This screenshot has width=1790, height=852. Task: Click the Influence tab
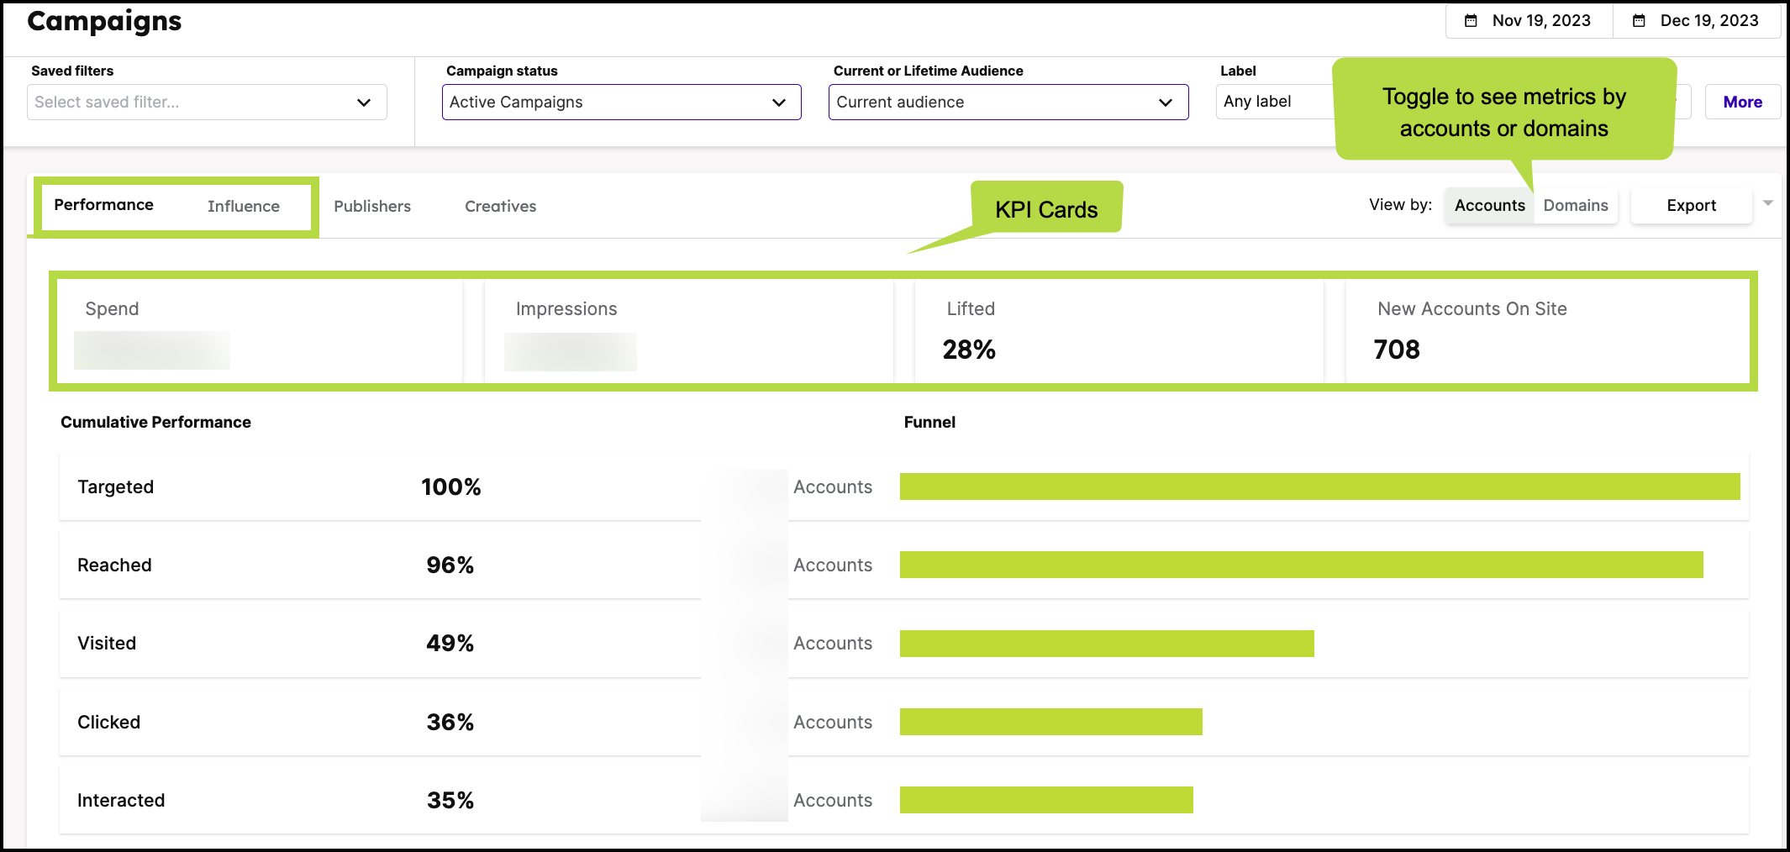243,207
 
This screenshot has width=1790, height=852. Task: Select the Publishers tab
372,207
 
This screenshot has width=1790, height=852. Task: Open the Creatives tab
500,207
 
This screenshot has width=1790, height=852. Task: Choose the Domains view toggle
1575,206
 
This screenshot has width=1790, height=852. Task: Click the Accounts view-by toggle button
1489,206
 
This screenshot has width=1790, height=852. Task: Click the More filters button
1742,103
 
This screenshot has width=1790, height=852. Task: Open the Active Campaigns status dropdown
621,103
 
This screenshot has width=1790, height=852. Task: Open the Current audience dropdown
1008,103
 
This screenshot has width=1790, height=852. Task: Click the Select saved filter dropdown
207,103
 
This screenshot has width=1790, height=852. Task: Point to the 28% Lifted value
969,350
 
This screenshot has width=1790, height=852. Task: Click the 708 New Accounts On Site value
1397,350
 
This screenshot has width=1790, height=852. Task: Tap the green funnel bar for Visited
1106,644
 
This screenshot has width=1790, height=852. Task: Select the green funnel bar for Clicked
1050,722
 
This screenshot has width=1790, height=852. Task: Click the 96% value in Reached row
450,565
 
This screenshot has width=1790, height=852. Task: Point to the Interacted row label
121,801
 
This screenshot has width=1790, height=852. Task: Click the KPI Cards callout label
1046,210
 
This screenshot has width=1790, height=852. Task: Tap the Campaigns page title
104,21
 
